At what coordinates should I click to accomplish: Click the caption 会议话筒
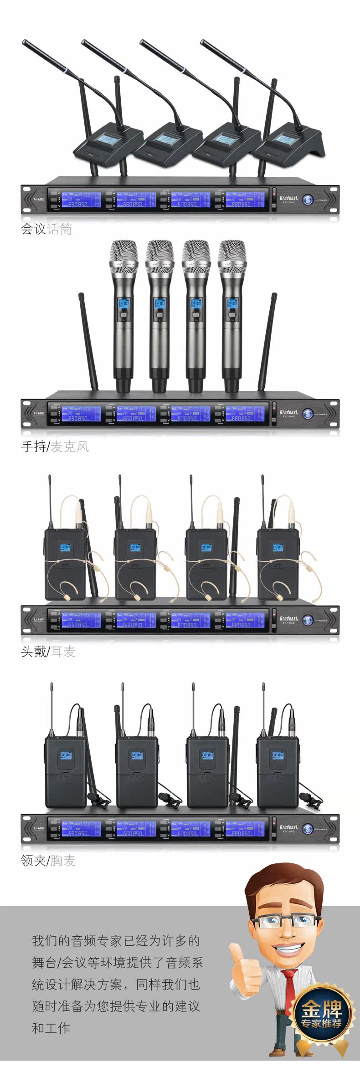[x=46, y=229]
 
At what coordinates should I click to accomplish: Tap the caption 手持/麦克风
[x=55, y=446]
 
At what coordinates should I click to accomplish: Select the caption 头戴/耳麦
[x=48, y=651]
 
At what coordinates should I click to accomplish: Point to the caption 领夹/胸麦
[x=48, y=861]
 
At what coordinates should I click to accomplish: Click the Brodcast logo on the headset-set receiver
[x=289, y=618]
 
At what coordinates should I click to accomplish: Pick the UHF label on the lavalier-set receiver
[x=38, y=828]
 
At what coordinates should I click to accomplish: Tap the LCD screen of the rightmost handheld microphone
[x=231, y=303]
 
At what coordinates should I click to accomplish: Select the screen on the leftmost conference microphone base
[x=107, y=139]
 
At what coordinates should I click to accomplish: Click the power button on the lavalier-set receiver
[x=308, y=829]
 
